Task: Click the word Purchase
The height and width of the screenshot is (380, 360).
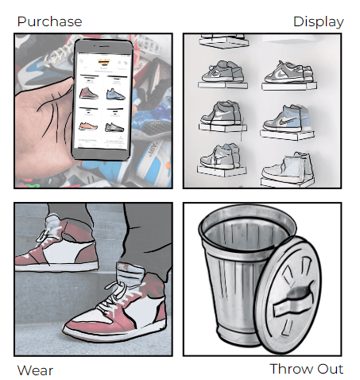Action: click(49, 21)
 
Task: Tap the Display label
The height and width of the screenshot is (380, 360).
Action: click(319, 22)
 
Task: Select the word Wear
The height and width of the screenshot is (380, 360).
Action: click(35, 370)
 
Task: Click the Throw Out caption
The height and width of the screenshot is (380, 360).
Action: click(307, 369)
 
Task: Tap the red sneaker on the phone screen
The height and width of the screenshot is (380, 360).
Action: click(89, 93)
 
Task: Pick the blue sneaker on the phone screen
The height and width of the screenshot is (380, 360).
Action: click(115, 95)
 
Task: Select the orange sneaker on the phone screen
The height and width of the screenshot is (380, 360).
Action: click(88, 126)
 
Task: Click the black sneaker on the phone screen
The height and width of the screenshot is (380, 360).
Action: click(114, 127)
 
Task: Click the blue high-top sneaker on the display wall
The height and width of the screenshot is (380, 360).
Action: click(288, 118)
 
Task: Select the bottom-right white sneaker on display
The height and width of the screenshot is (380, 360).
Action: click(288, 167)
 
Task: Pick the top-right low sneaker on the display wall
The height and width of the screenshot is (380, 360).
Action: click(288, 72)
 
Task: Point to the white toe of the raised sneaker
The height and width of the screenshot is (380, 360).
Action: click(25, 257)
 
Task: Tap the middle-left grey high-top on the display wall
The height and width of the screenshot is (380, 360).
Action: click(222, 114)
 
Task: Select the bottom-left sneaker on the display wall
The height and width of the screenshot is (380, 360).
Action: click(220, 157)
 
